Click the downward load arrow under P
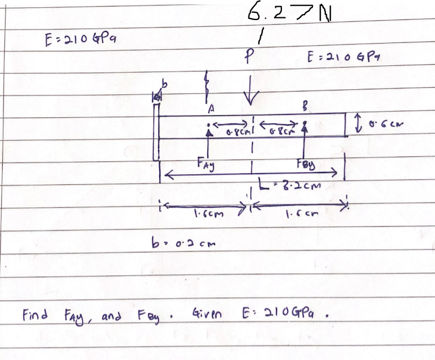(251, 89)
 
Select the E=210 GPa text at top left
(80, 40)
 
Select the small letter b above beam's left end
(165, 84)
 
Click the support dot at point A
(208, 124)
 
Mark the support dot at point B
(305, 123)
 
